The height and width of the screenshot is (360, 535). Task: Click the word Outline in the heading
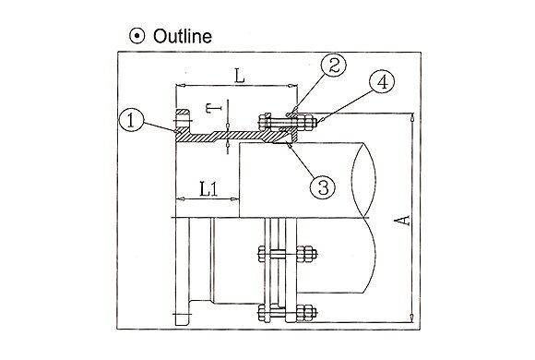(x=183, y=36)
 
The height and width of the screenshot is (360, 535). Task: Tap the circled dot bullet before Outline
(x=137, y=36)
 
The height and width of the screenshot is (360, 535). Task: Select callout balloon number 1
(x=131, y=120)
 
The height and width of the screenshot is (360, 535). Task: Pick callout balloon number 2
(x=334, y=65)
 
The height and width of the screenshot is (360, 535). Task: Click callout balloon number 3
(x=323, y=186)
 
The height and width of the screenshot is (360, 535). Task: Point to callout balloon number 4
(x=382, y=81)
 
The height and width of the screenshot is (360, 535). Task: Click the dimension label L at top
(x=240, y=77)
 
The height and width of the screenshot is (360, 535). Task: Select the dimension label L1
(x=208, y=189)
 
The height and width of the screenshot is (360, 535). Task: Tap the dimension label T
(x=214, y=108)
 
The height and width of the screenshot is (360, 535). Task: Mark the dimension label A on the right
(x=404, y=221)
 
